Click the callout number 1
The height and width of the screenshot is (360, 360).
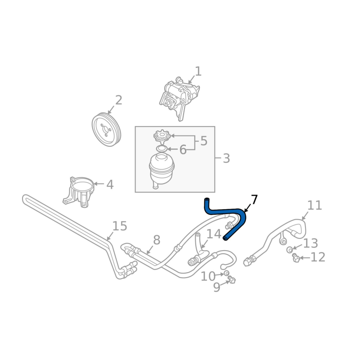pyautogui.click(x=198, y=72)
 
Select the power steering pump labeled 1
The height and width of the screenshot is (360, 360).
pyautogui.click(x=179, y=98)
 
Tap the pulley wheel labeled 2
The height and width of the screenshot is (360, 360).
pyautogui.click(x=107, y=129)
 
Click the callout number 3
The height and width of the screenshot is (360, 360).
pyautogui.click(x=226, y=158)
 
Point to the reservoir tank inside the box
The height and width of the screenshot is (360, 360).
pyautogui.click(x=162, y=171)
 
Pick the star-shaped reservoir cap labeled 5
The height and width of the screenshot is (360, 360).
pyautogui.click(x=162, y=136)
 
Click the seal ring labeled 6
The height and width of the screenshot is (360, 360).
pyautogui.click(x=162, y=148)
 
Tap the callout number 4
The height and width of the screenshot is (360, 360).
pyautogui.click(x=110, y=184)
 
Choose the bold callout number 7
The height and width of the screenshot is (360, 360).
pyautogui.click(x=254, y=199)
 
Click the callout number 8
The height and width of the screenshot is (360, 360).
pyautogui.click(x=156, y=240)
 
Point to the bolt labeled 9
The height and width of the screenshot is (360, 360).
pyautogui.click(x=231, y=280)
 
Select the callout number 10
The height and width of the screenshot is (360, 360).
pyautogui.click(x=208, y=276)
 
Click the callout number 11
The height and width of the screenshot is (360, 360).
pyautogui.click(x=315, y=205)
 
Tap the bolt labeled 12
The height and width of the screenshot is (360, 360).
pyautogui.click(x=296, y=257)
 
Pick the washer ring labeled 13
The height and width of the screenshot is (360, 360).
pyautogui.click(x=290, y=250)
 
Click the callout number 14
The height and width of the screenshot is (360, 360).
pyautogui.click(x=214, y=234)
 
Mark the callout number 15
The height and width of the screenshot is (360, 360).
pyautogui.click(x=120, y=226)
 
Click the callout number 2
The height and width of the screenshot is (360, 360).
pyautogui.click(x=118, y=100)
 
